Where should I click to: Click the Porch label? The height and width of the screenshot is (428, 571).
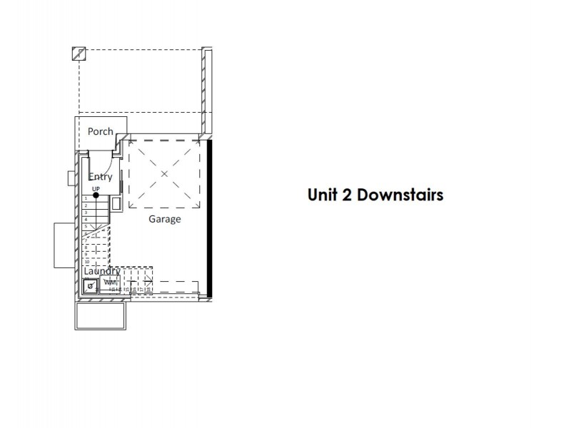point(100,131)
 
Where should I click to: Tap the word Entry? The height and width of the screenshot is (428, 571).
point(100,177)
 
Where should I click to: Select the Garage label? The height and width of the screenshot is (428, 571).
point(164,219)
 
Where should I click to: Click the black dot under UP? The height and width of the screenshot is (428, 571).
point(95,195)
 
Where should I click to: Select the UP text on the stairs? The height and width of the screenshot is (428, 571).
point(95,188)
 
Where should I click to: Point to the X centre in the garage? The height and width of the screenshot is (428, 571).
point(164,174)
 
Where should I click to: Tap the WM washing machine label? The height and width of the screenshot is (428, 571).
point(109,283)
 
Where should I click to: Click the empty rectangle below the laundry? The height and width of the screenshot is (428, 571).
point(101,315)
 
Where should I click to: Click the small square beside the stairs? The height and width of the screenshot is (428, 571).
point(71,177)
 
